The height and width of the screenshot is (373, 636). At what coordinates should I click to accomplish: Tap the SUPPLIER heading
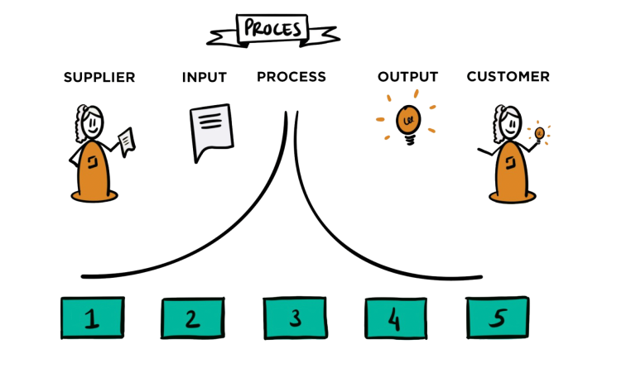point(99,77)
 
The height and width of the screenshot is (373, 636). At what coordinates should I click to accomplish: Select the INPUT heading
point(205,77)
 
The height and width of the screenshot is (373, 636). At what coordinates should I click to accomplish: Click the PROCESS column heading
point(291,77)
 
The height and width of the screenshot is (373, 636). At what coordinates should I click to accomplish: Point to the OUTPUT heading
point(407,77)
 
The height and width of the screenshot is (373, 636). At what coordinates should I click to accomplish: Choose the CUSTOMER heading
point(508,77)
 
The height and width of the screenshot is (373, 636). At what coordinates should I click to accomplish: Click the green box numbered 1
point(93,318)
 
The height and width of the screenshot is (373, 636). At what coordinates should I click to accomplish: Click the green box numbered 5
point(498,318)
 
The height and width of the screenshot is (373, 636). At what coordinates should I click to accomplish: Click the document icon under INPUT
point(210,131)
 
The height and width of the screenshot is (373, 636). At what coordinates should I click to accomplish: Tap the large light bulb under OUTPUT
point(407,120)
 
